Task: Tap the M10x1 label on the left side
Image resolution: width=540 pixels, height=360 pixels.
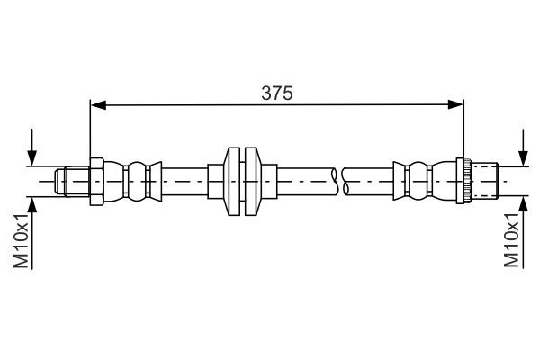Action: tap(20, 241)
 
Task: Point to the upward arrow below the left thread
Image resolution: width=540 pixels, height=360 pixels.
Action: tap(34, 205)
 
